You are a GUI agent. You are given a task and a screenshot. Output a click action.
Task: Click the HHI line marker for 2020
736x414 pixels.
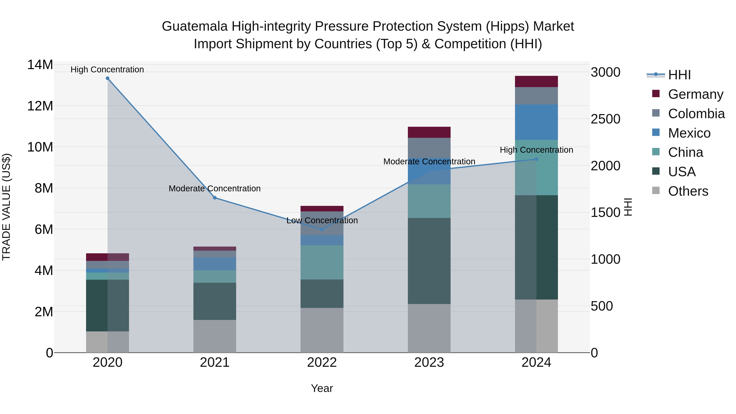(x=107, y=78)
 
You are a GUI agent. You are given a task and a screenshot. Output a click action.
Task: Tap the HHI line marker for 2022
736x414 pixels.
(x=322, y=229)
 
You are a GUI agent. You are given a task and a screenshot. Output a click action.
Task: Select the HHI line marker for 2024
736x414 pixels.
(x=536, y=159)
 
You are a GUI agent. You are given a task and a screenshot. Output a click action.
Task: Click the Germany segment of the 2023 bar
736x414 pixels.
(x=429, y=132)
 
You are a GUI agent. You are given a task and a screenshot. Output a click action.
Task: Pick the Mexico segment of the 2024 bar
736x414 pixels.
(x=536, y=122)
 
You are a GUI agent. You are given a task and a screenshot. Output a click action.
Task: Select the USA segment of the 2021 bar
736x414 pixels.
(x=215, y=301)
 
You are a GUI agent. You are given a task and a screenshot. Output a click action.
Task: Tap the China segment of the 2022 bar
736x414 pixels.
(x=322, y=262)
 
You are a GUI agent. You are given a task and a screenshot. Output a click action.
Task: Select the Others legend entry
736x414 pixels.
(x=688, y=191)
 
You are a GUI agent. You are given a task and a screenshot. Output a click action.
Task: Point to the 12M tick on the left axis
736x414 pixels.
(x=40, y=106)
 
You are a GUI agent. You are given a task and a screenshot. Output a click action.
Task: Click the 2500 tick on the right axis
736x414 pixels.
(x=605, y=119)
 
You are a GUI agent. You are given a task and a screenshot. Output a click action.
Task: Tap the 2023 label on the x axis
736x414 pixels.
(x=429, y=362)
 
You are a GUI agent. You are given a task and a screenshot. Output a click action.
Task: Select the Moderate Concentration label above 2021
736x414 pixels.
(x=215, y=188)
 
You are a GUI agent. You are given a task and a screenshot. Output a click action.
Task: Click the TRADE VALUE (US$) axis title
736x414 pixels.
(x=6, y=207)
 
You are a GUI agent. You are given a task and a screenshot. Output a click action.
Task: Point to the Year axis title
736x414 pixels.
(x=322, y=388)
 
